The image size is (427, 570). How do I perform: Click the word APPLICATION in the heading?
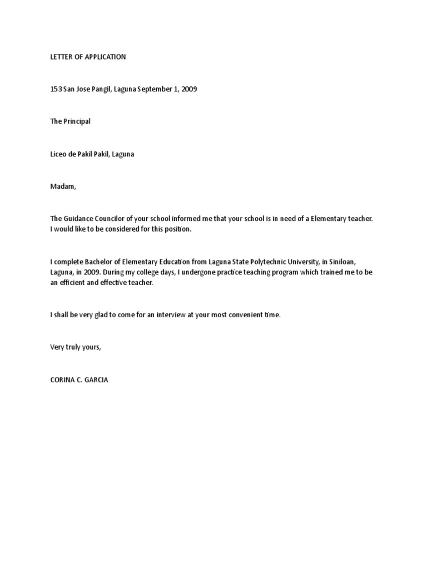105,57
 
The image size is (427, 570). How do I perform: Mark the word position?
177,229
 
